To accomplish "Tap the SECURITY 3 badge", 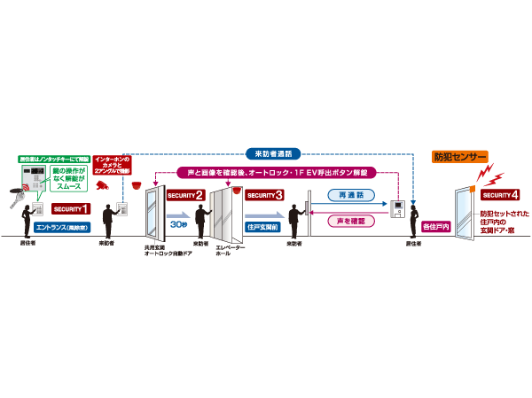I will (x=265, y=195).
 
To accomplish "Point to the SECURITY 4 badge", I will (x=501, y=194).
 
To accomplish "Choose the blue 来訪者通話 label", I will (x=266, y=152).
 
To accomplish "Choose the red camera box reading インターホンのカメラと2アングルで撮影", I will (x=112, y=164).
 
